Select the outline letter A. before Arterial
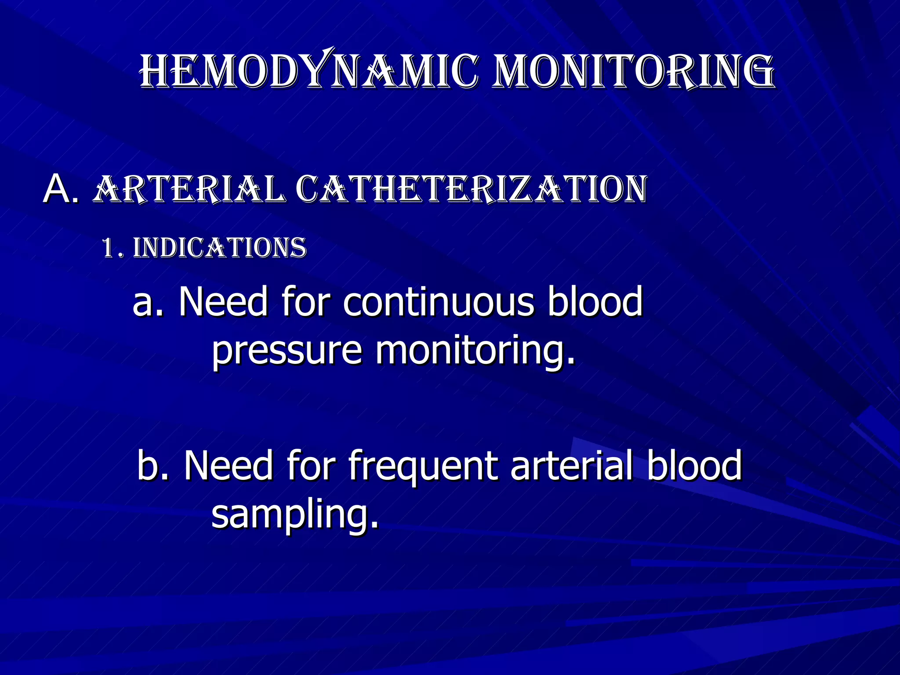pos(62,189)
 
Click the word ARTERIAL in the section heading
pos(189,189)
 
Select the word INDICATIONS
pos(219,248)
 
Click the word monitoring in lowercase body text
pos(475,352)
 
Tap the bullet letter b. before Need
pos(153,466)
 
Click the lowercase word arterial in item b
pos(571,466)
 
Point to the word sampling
pos(294,515)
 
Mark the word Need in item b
pos(229,466)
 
